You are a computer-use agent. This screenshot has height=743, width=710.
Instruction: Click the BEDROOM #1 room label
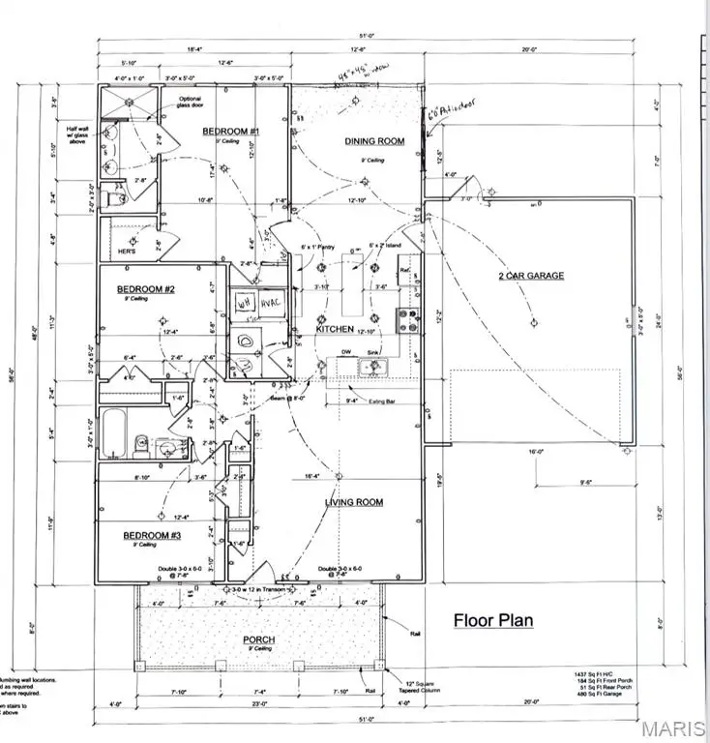point(228,130)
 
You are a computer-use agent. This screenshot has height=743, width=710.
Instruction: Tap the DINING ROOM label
point(374,141)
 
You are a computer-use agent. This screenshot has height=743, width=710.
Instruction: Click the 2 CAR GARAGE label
point(532,276)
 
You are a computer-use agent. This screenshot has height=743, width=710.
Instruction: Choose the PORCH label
point(259,640)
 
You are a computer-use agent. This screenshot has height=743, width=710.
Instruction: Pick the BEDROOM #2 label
point(145,289)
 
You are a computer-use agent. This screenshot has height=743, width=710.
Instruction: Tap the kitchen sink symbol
point(372,366)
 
